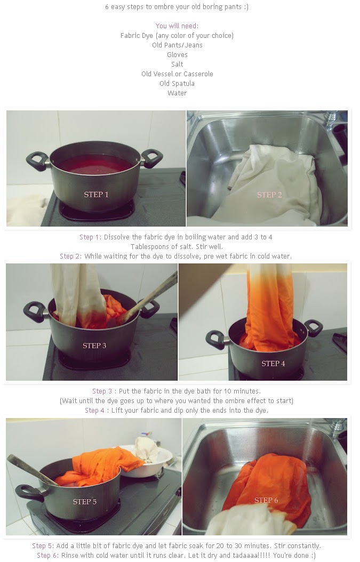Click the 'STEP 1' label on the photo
pyautogui.click(x=96, y=195)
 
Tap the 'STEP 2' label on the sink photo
pyautogui.click(x=269, y=195)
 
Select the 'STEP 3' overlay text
pyautogui.click(x=94, y=346)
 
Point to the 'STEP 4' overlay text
pyautogui.click(x=273, y=364)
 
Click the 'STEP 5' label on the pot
pyautogui.click(x=85, y=501)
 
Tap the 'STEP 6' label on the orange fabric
pyautogui.click(x=266, y=500)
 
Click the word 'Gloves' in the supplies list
pyautogui.click(x=177, y=54)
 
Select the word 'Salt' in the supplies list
pyautogui.click(x=177, y=64)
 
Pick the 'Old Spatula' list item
pyautogui.click(x=177, y=84)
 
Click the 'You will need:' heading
pyautogui.click(x=177, y=26)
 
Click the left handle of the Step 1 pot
pyautogui.click(x=37, y=162)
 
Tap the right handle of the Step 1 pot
pyautogui.click(x=152, y=158)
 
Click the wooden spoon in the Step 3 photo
pyautogui.click(x=148, y=298)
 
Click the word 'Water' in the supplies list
pyautogui.click(x=177, y=93)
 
